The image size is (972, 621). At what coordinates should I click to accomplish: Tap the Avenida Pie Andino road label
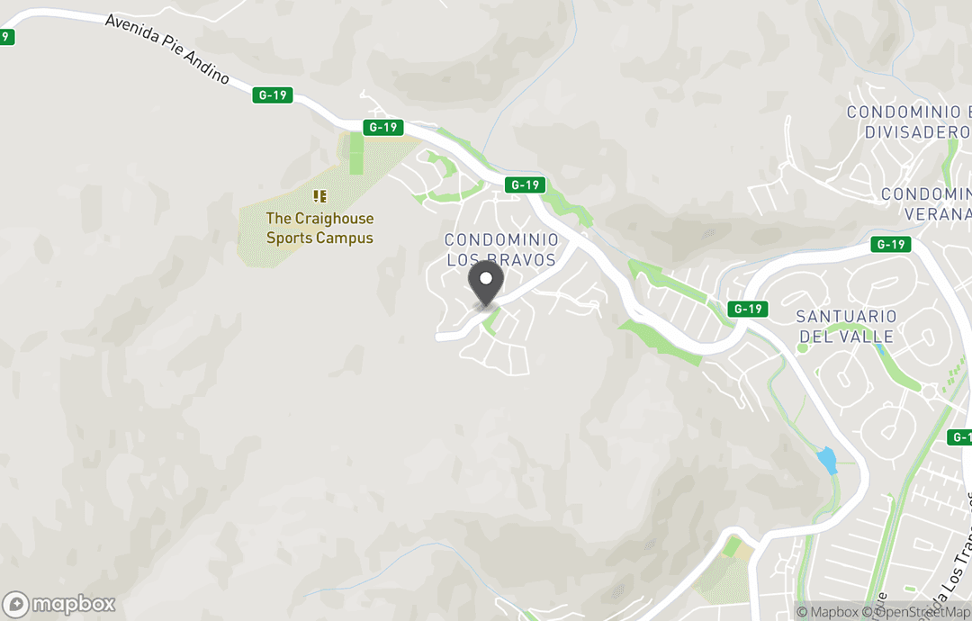(x=167, y=49)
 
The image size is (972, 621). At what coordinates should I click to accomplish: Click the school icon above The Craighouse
(x=319, y=195)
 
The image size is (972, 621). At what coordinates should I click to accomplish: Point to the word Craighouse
(x=334, y=219)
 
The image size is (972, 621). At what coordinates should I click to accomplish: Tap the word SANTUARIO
(x=846, y=317)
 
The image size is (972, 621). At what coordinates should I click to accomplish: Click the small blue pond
(x=825, y=461)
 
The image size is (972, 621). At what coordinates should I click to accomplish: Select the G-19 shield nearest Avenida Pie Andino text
(x=274, y=94)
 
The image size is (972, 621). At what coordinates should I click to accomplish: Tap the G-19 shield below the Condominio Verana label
(x=891, y=245)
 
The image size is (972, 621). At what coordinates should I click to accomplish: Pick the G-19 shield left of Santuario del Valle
(x=748, y=309)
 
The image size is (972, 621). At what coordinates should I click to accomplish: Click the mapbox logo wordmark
(x=62, y=604)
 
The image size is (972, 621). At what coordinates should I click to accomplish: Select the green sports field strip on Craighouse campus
(x=356, y=153)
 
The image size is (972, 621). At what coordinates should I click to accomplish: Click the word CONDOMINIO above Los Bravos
(x=501, y=240)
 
